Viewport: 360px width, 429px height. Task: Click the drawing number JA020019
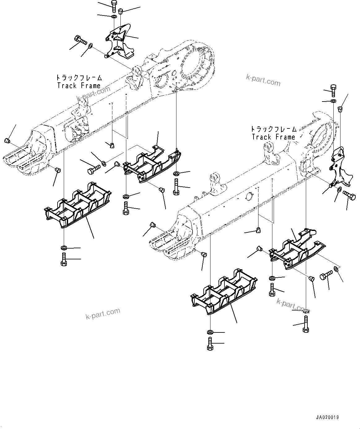click(327, 418)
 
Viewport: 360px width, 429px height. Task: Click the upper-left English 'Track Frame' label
click(79, 86)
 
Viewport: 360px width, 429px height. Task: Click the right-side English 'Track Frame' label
click(273, 137)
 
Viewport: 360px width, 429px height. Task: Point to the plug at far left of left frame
click(7, 141)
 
